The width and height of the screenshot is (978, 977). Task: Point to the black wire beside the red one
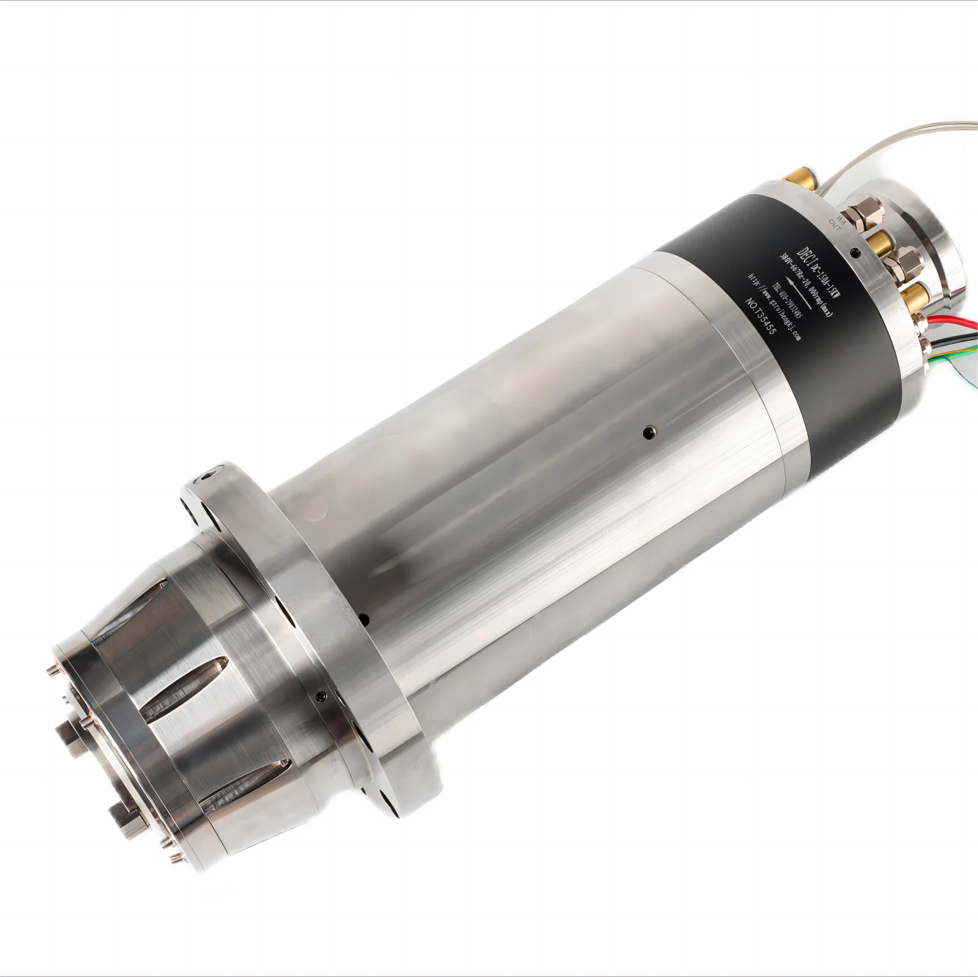[x=953, y=333]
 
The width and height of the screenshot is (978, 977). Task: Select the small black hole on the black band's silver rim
[x=857, y=254]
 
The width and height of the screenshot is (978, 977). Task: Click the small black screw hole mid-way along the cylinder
[x=647, y=433]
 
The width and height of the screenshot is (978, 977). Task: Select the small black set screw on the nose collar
[x=321, y=695]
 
